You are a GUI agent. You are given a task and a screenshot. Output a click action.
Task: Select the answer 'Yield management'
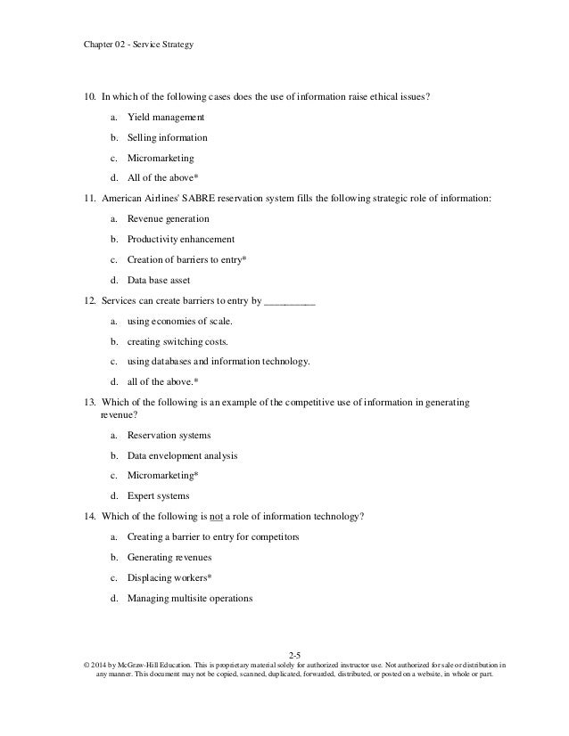166,117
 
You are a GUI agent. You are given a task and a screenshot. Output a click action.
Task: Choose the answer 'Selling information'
168,138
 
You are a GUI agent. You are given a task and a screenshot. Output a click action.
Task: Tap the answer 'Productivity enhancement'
181,239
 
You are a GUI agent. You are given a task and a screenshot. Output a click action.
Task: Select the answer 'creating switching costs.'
177,341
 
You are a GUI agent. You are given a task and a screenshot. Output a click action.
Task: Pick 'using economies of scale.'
178,321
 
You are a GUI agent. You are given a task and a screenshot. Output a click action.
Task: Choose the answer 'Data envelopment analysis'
182,455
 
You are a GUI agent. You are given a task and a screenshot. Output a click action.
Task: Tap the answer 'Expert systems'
158,495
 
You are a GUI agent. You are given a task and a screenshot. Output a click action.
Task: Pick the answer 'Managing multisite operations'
190,598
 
